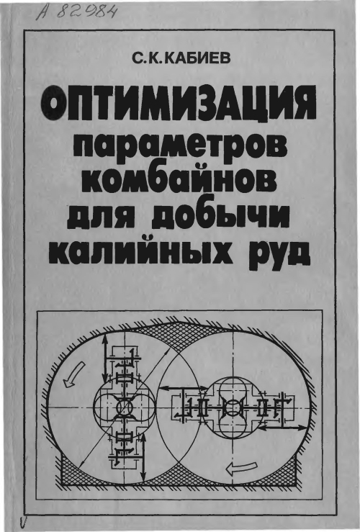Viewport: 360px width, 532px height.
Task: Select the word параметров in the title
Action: point(180,145)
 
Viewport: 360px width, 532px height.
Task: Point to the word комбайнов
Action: point(179,181)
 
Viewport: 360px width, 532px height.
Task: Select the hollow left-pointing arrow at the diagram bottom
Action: point(240,468)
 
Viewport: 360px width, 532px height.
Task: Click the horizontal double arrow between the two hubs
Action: point(181,389)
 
